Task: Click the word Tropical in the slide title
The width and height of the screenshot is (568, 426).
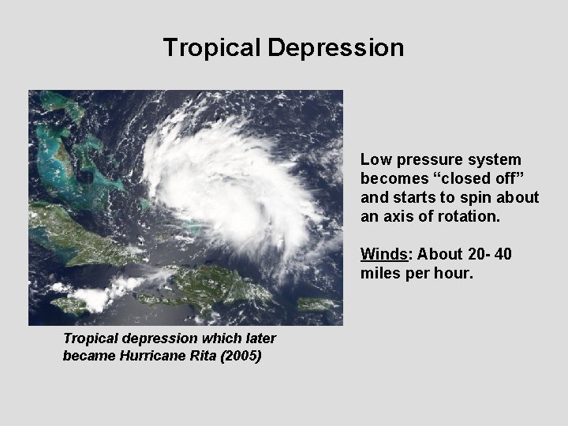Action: (x=211, y=47)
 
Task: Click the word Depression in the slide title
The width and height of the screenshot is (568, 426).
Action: (x=335, y=47)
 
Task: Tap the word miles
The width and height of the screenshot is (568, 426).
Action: (x=379, y=273)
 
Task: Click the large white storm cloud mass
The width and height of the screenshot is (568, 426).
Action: (x=229, y=185)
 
